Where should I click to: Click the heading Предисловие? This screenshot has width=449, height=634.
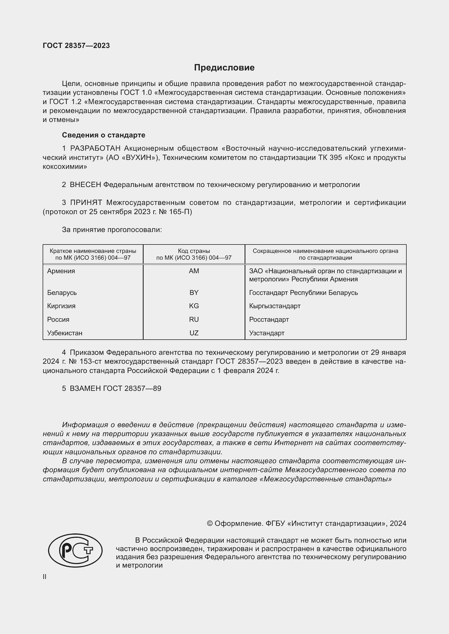point(224,68)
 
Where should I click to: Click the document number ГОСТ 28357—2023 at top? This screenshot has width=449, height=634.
point(76,46)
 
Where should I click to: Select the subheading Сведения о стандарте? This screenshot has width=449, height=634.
point(103,135)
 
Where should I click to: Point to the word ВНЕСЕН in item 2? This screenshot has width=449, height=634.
point(86,185)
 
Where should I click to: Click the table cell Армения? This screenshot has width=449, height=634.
point(61,271)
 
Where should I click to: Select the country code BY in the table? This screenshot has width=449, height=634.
point(194,292)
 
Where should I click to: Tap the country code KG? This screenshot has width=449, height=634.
point(194,306)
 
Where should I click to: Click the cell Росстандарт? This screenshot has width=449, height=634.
point(269,320)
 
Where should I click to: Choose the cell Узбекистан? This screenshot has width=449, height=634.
point(65,333)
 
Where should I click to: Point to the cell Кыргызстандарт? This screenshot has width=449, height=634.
point(274,306)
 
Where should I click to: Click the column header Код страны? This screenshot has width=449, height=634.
point(194,251)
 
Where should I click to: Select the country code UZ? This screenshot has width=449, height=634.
point(194,333)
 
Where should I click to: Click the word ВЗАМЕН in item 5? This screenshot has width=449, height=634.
point(85,388)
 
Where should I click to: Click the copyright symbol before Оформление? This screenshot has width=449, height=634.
point(210,524)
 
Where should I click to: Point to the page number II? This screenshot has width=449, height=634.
point(45,577)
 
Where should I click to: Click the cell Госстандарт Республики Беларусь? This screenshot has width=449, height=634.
point(303,292)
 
